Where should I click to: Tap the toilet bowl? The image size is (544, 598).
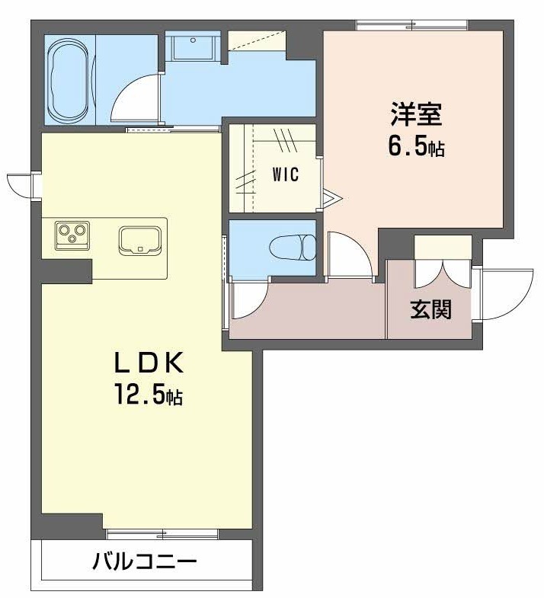[293, 248]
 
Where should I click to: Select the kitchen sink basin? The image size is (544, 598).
[140, 240]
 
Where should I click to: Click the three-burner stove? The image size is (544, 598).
[72, 235]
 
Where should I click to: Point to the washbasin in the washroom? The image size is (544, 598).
[193, 47]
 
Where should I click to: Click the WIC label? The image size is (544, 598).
[286, 174]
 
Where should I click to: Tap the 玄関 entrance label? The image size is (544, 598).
[431, 309]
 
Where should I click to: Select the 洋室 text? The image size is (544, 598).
[416, 114]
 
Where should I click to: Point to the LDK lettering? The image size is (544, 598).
[149, 363]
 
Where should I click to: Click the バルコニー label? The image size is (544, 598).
[146, 561]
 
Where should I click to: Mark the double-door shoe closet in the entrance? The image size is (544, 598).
[443, 261]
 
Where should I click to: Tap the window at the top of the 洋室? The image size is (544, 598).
[412, 25]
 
